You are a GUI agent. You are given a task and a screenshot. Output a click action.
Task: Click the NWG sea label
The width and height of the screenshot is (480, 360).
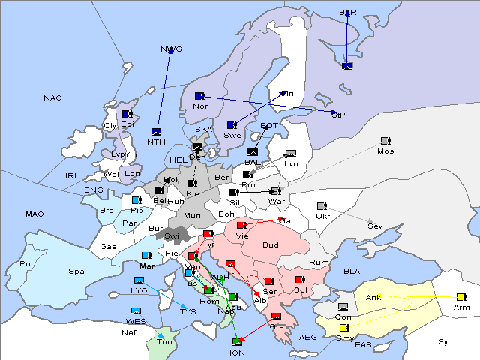(171, 49)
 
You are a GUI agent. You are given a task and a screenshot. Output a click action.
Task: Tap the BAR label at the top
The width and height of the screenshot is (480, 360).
(348, 13)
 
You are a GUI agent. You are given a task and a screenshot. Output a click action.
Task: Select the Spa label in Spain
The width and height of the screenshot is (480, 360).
(76, 271)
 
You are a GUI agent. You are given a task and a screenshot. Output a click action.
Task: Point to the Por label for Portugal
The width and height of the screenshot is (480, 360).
(28, 264)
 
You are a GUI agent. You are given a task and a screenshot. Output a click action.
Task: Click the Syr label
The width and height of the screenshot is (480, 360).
(445, 341)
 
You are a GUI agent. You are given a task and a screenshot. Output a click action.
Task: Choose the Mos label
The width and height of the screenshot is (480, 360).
(385, 151)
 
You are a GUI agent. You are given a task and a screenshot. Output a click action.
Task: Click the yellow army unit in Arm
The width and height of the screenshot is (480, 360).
(460, 297)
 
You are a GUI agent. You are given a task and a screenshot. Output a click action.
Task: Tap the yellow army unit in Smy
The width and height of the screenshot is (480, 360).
(344, 328)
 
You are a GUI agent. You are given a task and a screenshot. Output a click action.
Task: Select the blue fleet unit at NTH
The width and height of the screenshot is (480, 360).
(157, 132)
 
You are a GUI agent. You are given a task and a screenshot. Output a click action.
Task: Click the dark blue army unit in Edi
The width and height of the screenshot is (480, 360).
(127, 114)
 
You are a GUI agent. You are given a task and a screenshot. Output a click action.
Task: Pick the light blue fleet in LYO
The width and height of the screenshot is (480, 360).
(139, 280)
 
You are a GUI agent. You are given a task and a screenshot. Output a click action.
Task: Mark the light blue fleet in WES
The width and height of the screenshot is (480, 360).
(136, 310)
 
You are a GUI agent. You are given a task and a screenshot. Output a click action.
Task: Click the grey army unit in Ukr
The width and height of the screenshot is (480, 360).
(322, 206)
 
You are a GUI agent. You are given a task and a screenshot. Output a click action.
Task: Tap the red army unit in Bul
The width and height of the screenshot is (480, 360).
(299, 280)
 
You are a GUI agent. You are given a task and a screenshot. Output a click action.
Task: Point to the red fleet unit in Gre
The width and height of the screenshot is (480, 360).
(276, 316)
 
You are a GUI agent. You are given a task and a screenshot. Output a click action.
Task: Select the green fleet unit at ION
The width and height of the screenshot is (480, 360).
(237, 343)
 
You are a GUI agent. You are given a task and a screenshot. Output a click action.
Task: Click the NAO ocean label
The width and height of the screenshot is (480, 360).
(52, 97)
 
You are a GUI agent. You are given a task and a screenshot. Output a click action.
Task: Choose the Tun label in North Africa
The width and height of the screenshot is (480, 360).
(164, 341)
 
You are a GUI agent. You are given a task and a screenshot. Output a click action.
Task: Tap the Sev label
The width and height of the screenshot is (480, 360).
(374, 226)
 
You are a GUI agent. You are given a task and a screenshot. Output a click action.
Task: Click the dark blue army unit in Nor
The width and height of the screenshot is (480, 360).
(199, 96)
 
